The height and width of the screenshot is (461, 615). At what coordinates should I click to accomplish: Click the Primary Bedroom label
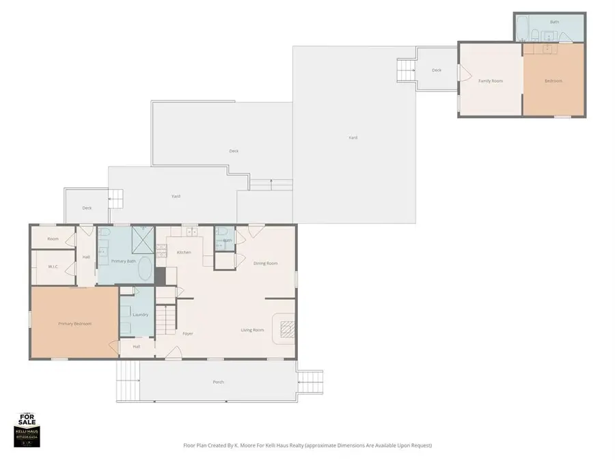click(x=74, y=324)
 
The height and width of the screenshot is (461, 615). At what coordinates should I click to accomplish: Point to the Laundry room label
click(x=141, y=314)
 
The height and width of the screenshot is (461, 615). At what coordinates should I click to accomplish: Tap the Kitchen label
click(x=184, y=253)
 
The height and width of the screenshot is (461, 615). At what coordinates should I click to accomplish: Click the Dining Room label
click(x=265, y=263)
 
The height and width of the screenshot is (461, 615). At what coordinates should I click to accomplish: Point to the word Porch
click(x=218, y=382)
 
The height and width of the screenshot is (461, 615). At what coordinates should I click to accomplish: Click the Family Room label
click(x=490, y=81)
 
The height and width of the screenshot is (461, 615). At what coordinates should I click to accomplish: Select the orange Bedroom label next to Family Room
click(x=553, y=81)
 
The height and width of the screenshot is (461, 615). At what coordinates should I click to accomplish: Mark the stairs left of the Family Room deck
click(x=406, y=69)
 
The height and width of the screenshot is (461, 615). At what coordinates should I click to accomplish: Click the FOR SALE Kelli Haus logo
click(x=28, y=430)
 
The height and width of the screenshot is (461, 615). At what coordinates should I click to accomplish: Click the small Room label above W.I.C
click(x=53, y=239)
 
